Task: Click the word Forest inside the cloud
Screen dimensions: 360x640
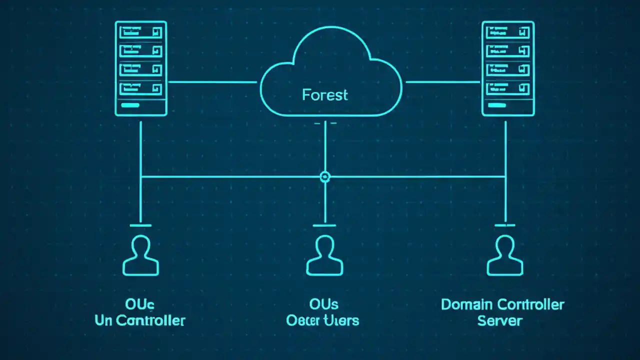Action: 325,95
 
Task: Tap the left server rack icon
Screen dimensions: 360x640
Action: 140,68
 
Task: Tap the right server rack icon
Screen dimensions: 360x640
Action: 507,68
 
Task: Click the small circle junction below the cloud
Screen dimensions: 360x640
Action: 325,176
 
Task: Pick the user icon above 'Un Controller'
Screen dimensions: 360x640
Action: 140,255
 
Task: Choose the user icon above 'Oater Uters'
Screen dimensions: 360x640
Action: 325,255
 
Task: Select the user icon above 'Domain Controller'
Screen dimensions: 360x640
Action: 505,255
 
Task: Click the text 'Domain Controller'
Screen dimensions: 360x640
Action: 502,304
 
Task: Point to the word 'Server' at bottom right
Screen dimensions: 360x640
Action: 499,320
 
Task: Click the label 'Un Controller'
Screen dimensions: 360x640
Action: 140,320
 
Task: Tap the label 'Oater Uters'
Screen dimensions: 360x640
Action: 322,320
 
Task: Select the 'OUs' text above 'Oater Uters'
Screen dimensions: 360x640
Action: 324,304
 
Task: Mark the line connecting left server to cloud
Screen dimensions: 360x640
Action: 212,82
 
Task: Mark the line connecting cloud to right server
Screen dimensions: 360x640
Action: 442,82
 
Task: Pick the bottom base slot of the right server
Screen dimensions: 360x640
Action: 507,106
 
